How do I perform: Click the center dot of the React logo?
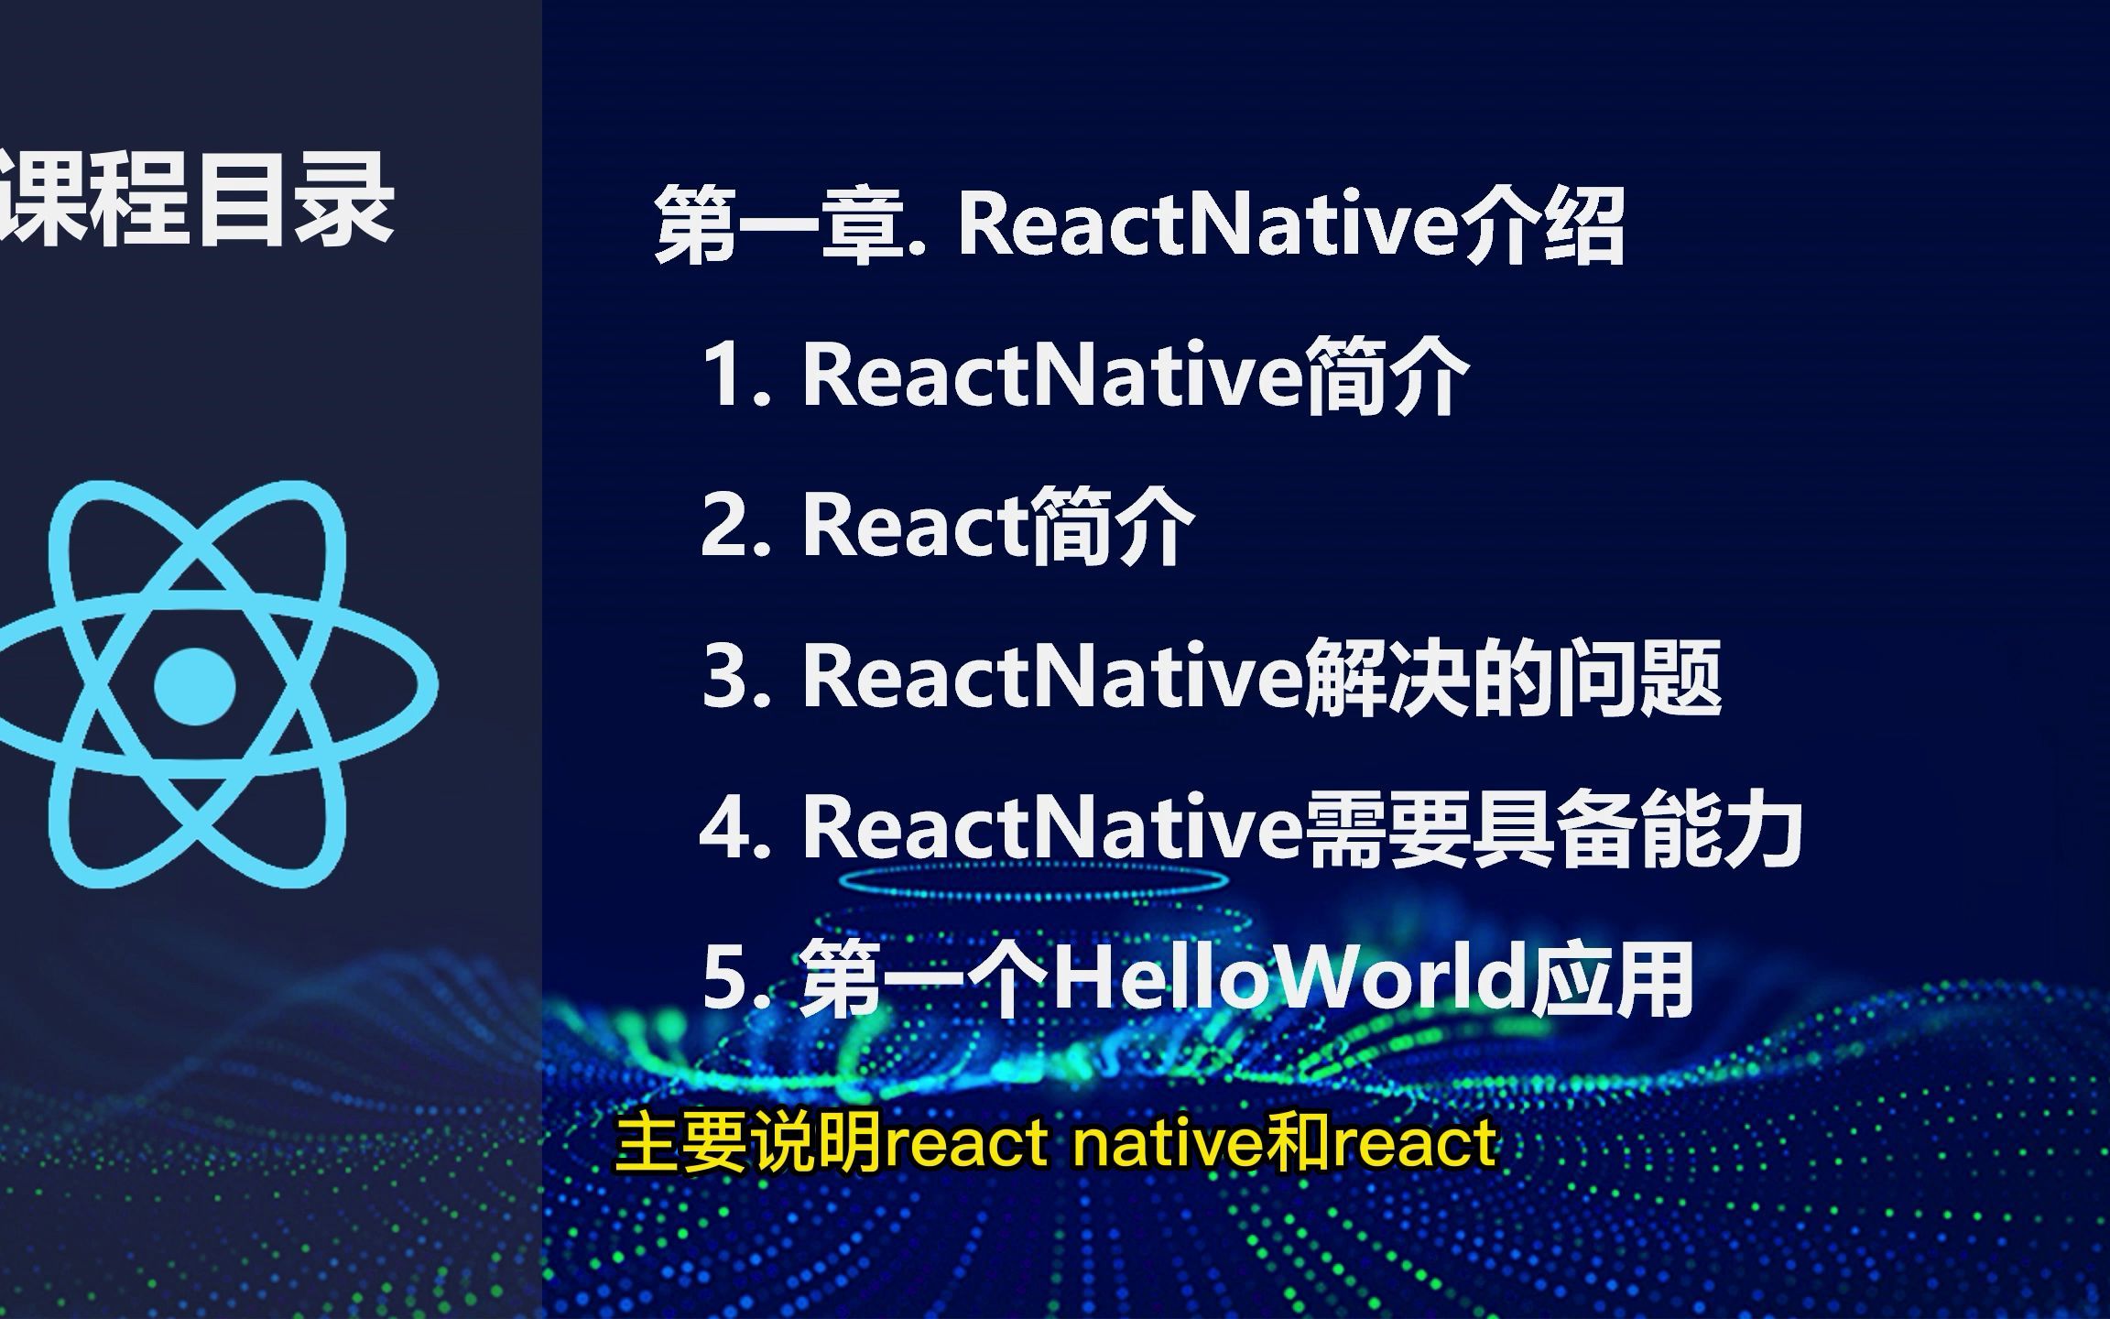(x=195, y=686)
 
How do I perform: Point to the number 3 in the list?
(x=729, y=677)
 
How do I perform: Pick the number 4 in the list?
(x=729, y=829)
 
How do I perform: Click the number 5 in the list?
(x=729, y=979)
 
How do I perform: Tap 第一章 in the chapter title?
(x=784, y=224)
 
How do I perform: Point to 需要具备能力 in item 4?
(x=1553, y=829)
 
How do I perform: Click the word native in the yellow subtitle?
(x=1163, y=1144)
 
